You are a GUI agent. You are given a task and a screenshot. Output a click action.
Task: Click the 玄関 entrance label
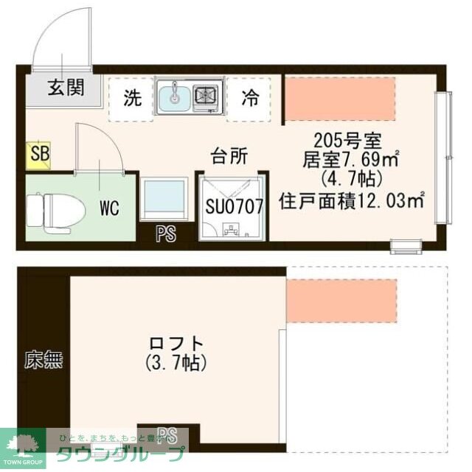pos(66,88)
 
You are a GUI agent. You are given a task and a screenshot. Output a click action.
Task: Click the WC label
pos(109,207)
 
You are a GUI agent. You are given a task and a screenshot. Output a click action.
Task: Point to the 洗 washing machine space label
pos(132,98)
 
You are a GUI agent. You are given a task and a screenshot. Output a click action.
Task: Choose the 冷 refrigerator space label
pos(251,98)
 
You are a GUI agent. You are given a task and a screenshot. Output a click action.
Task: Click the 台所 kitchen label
pos(229,156)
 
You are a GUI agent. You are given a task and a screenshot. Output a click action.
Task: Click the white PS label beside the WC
pos(167,235)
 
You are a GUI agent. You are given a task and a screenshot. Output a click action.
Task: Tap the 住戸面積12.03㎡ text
pos(353,199)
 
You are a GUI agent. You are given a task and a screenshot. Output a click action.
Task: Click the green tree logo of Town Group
pos(23,443)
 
